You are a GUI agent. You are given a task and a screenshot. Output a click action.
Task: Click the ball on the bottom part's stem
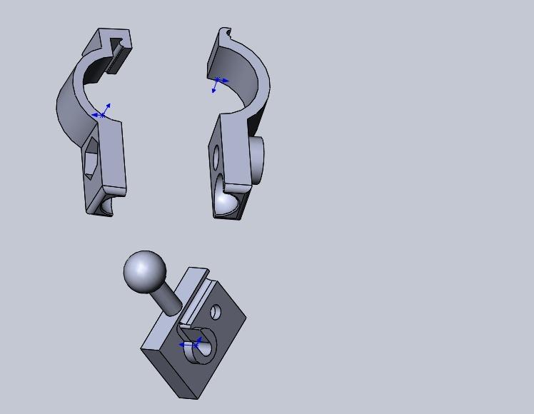145,271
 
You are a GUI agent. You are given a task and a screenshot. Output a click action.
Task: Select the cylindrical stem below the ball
168,299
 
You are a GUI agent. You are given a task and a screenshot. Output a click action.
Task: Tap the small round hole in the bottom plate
215,312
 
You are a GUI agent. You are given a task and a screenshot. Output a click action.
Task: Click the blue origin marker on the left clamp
103,114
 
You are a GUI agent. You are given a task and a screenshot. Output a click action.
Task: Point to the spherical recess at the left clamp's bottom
106,206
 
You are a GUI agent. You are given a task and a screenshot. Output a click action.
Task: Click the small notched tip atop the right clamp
226,33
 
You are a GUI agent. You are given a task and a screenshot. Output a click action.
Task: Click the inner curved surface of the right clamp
239,71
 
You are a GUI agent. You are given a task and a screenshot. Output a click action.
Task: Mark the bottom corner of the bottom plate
197,397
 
